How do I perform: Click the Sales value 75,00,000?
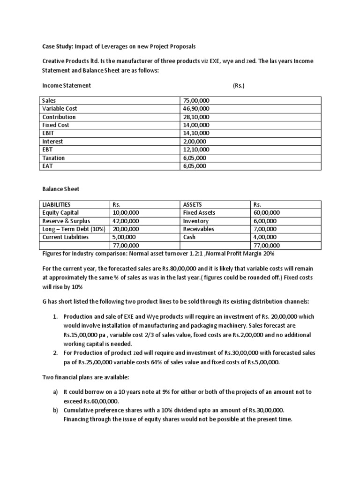pyautogui.click(x=196, y=101)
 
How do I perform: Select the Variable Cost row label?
pyautogui.click(x=60, y=109)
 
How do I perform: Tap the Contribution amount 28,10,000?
pyautogui.click(x=196, y=117)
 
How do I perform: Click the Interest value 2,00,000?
pyautogui.click(x=195, y=142)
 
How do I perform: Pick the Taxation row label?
pyautogui.click(x=53, y=158)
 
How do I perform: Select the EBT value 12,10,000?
pyautogui.click(x=196, y=150)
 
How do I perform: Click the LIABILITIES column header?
pyautogui.click(x=56, y=204)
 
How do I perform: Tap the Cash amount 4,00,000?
pyautogui.click(x=265, y=237)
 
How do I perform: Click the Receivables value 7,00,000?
pyautogui.click(x=265, y=229)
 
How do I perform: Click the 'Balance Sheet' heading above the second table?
pyautogui.click(x=60, y=189)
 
